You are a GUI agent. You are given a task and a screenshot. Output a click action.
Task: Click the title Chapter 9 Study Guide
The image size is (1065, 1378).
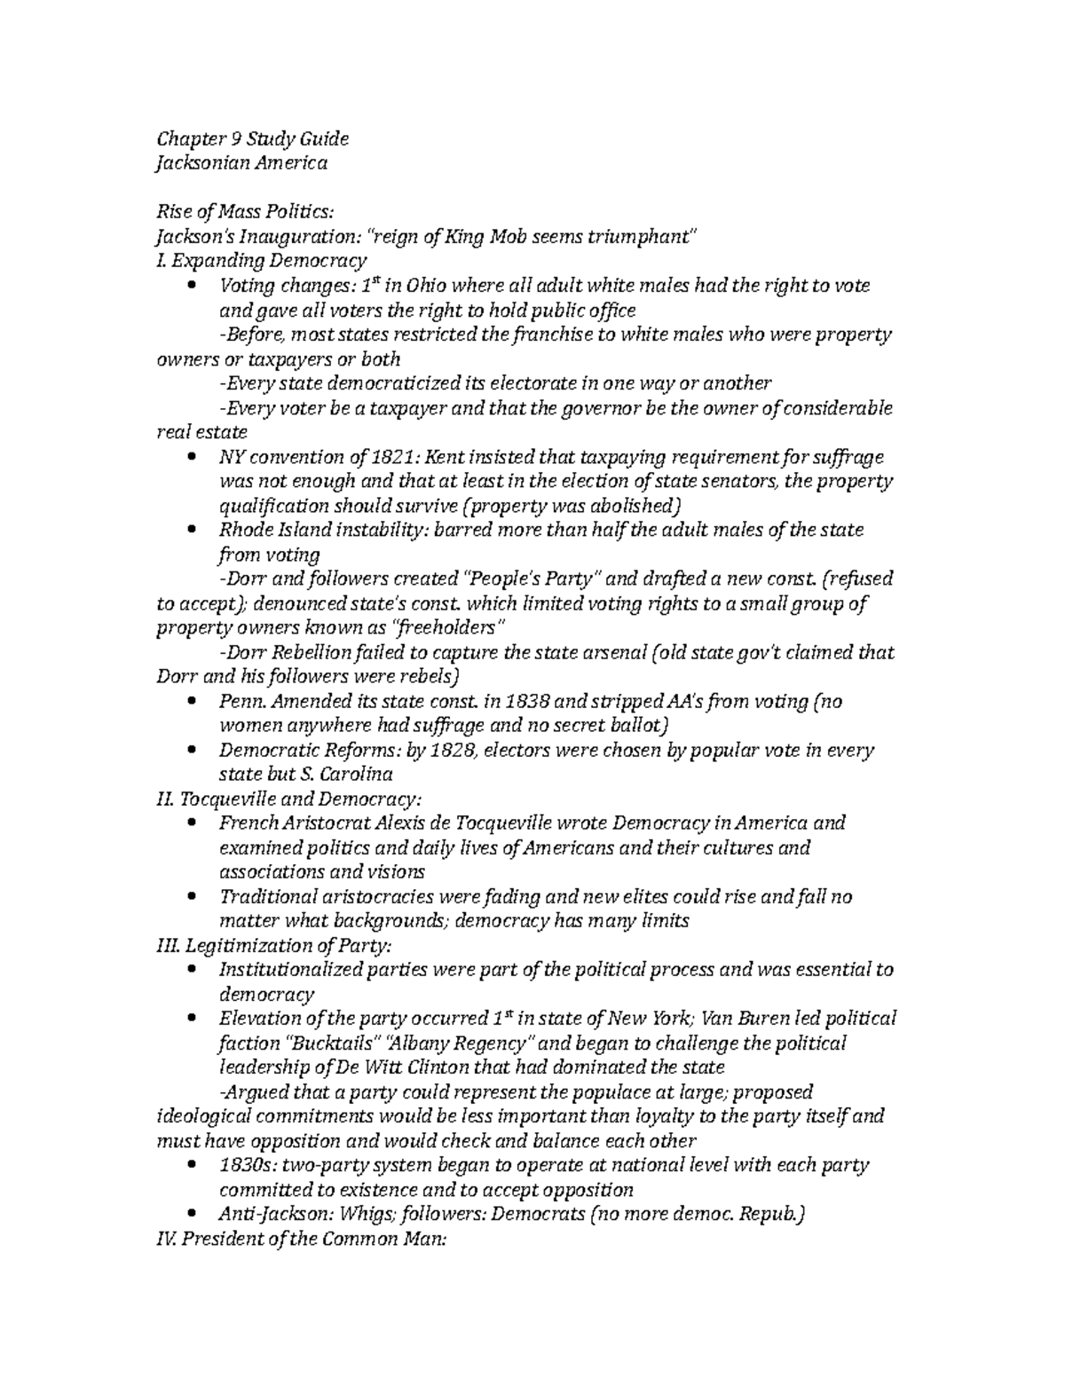coord(252,138)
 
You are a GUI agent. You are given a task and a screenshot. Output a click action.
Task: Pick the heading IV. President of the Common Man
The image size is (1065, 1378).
coord(299,1239)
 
